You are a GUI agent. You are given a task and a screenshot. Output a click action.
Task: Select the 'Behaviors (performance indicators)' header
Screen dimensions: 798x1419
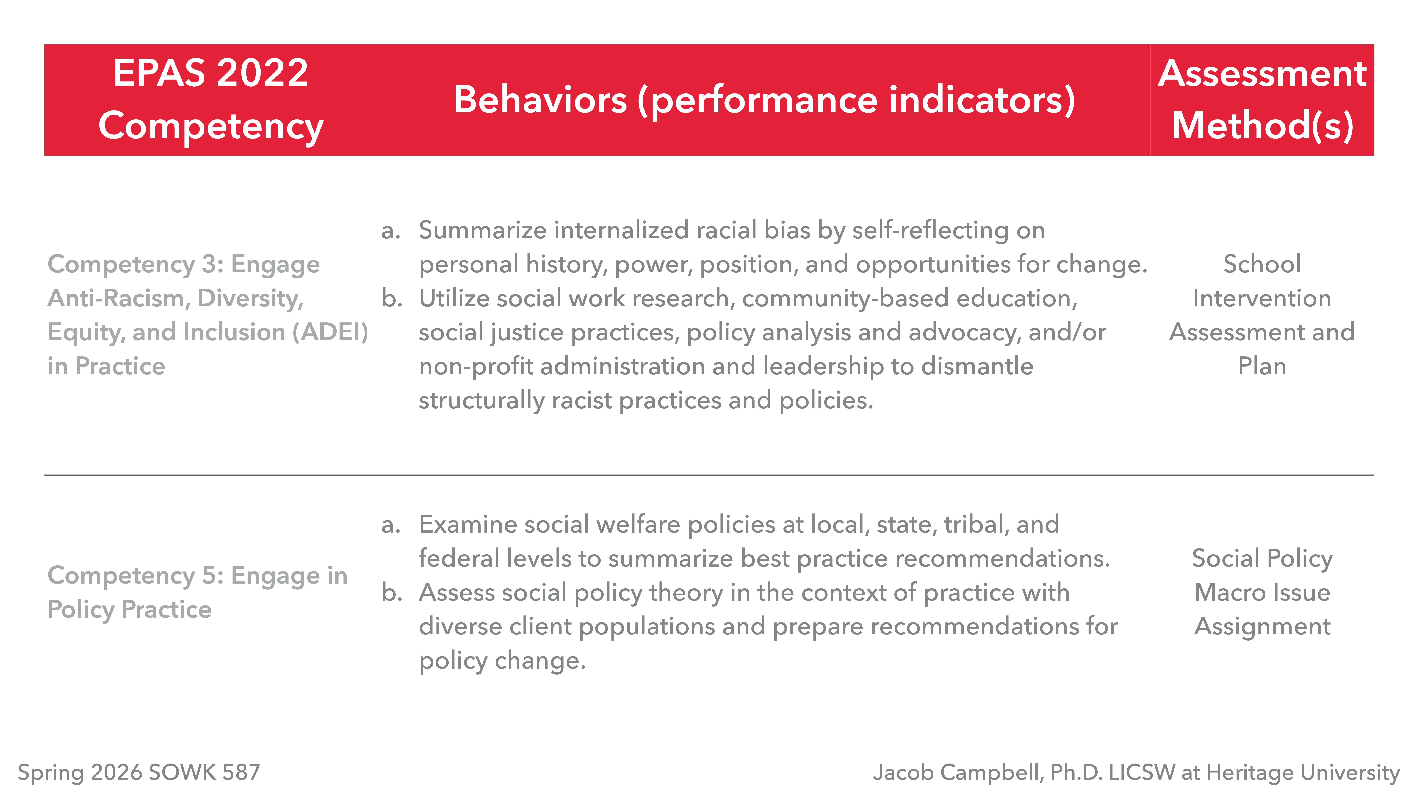(764, 100)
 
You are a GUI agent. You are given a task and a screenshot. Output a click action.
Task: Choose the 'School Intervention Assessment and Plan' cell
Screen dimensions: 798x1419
(1262, 315)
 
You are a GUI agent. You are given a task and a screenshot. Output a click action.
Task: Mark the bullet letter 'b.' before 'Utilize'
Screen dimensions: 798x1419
(392, 298)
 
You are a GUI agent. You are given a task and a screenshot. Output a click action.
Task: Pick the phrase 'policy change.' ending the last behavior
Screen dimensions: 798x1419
(502, 660)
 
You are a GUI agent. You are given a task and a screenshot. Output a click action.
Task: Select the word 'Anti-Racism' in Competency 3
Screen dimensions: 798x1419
(118, 298)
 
